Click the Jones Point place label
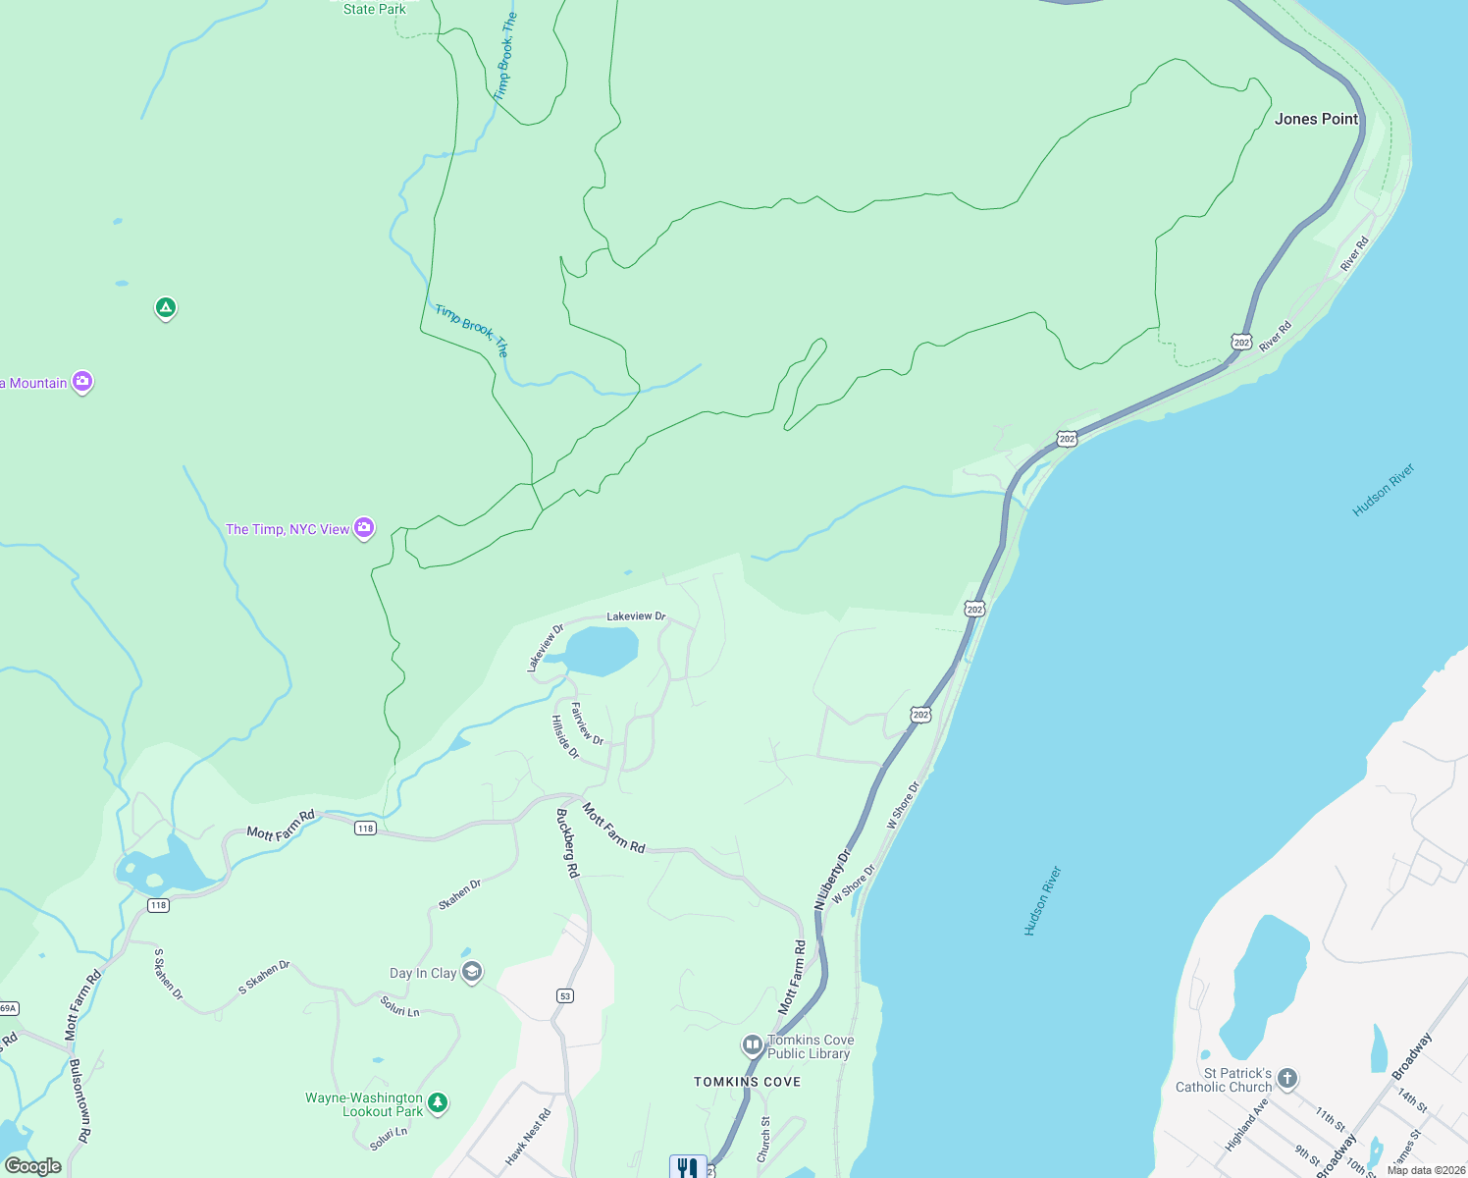[x=1316, y=119]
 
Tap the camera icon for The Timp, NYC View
[x=364, y=528]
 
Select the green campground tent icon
[x=166, y=308]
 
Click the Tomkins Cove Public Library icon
[x=753, y=1044]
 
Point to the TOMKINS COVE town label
[x=747, y=1082]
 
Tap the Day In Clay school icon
[x=472, y=972]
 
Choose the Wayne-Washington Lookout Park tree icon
[x=438, y=1103]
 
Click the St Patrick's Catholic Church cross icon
[x=1287, y=1079]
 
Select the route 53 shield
[x=564, y=995]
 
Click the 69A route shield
[x=8, y=1008]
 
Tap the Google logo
[x=33, y=1166]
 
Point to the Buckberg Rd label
[x=568, y=843]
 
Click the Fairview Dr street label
[x=587, y=723]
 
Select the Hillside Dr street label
[x=564, y=737]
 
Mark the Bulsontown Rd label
[x=80, y=1099]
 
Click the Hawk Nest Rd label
[x=529, y=1137]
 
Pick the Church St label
[x=763, y=1139]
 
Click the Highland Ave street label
[x=1246, y=1124]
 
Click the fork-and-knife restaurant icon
[x=688, y=1167]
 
